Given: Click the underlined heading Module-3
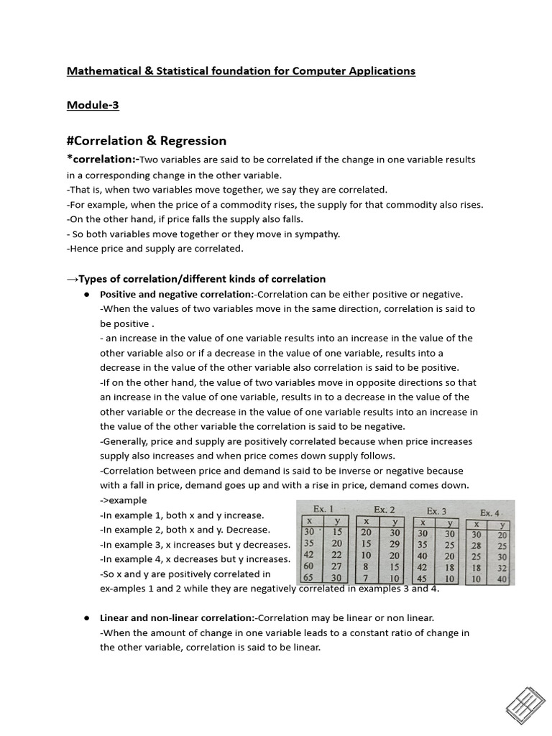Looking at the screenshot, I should coord(93,105).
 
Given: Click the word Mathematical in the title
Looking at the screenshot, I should coord(100,70).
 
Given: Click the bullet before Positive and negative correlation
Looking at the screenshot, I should coord(86,295).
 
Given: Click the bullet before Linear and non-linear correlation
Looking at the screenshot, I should coord(86,618).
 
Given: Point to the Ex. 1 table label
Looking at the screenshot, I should coord(321,509).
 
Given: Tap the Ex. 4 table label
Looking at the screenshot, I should coord(491,512).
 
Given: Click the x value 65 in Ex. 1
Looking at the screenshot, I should coord(309,577).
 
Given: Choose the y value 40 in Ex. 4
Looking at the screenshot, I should coord(501,579).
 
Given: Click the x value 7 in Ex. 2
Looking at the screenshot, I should coord(366,578).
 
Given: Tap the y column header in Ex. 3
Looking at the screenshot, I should coord(449,523).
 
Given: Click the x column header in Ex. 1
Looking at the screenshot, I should coord(309,521).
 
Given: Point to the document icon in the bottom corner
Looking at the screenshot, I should coord(525,704).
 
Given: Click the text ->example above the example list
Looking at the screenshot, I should coord(123,500).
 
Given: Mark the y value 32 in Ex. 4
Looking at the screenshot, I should coord(501,568).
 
